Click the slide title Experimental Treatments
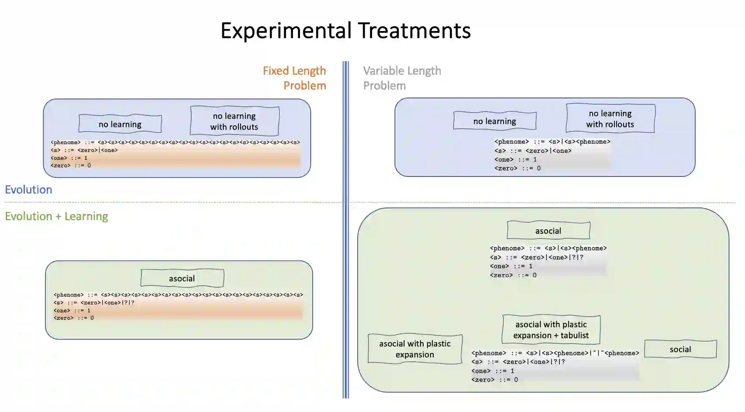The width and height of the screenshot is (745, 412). coord(345,31)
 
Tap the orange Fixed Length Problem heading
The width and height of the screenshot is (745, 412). coord(294,78)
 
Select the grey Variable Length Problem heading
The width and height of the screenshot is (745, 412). coord(402,78)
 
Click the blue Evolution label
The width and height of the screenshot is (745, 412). coord(28,190)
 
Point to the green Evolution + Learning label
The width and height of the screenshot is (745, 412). coord(56,216)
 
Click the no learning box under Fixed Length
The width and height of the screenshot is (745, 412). coord(120,124)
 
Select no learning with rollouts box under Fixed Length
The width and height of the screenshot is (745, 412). coord(235,121)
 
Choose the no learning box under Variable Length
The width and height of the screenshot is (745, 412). coord(495,121)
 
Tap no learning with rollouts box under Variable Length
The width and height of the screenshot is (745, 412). coord(610,118)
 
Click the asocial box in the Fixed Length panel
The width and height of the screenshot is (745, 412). coord(182,278)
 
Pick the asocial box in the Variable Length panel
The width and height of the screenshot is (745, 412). coord(548,231)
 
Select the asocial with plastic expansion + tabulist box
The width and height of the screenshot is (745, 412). coord(551,330)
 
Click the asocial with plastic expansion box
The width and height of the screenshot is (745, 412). coord(415,349)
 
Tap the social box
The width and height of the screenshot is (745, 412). coord(680,349)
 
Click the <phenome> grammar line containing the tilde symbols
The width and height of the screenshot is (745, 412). coord(555,353)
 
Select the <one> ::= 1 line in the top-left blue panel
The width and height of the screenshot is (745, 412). coord(69,158)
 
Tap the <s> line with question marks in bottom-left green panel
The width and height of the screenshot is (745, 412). coord(94,302)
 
